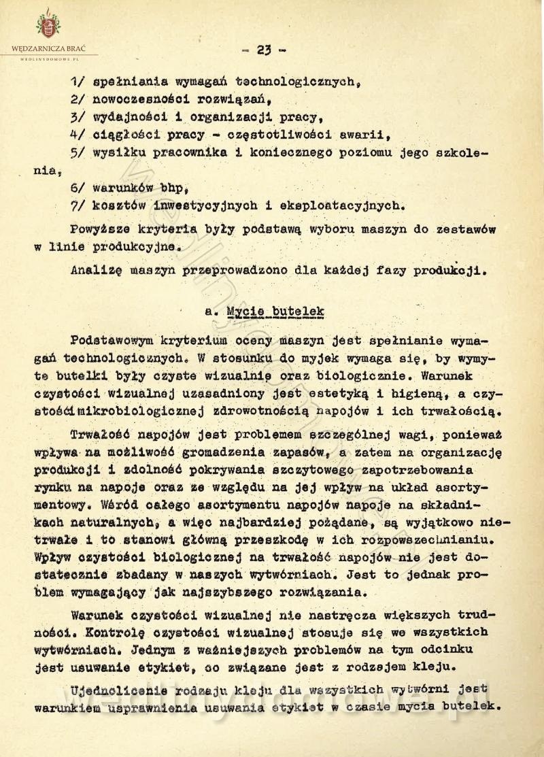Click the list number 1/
click(x=77, y=81)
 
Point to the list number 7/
click(x=77, y=203)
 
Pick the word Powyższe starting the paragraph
click(x=104, y=229)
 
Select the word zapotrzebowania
click(x=422, y=469)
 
